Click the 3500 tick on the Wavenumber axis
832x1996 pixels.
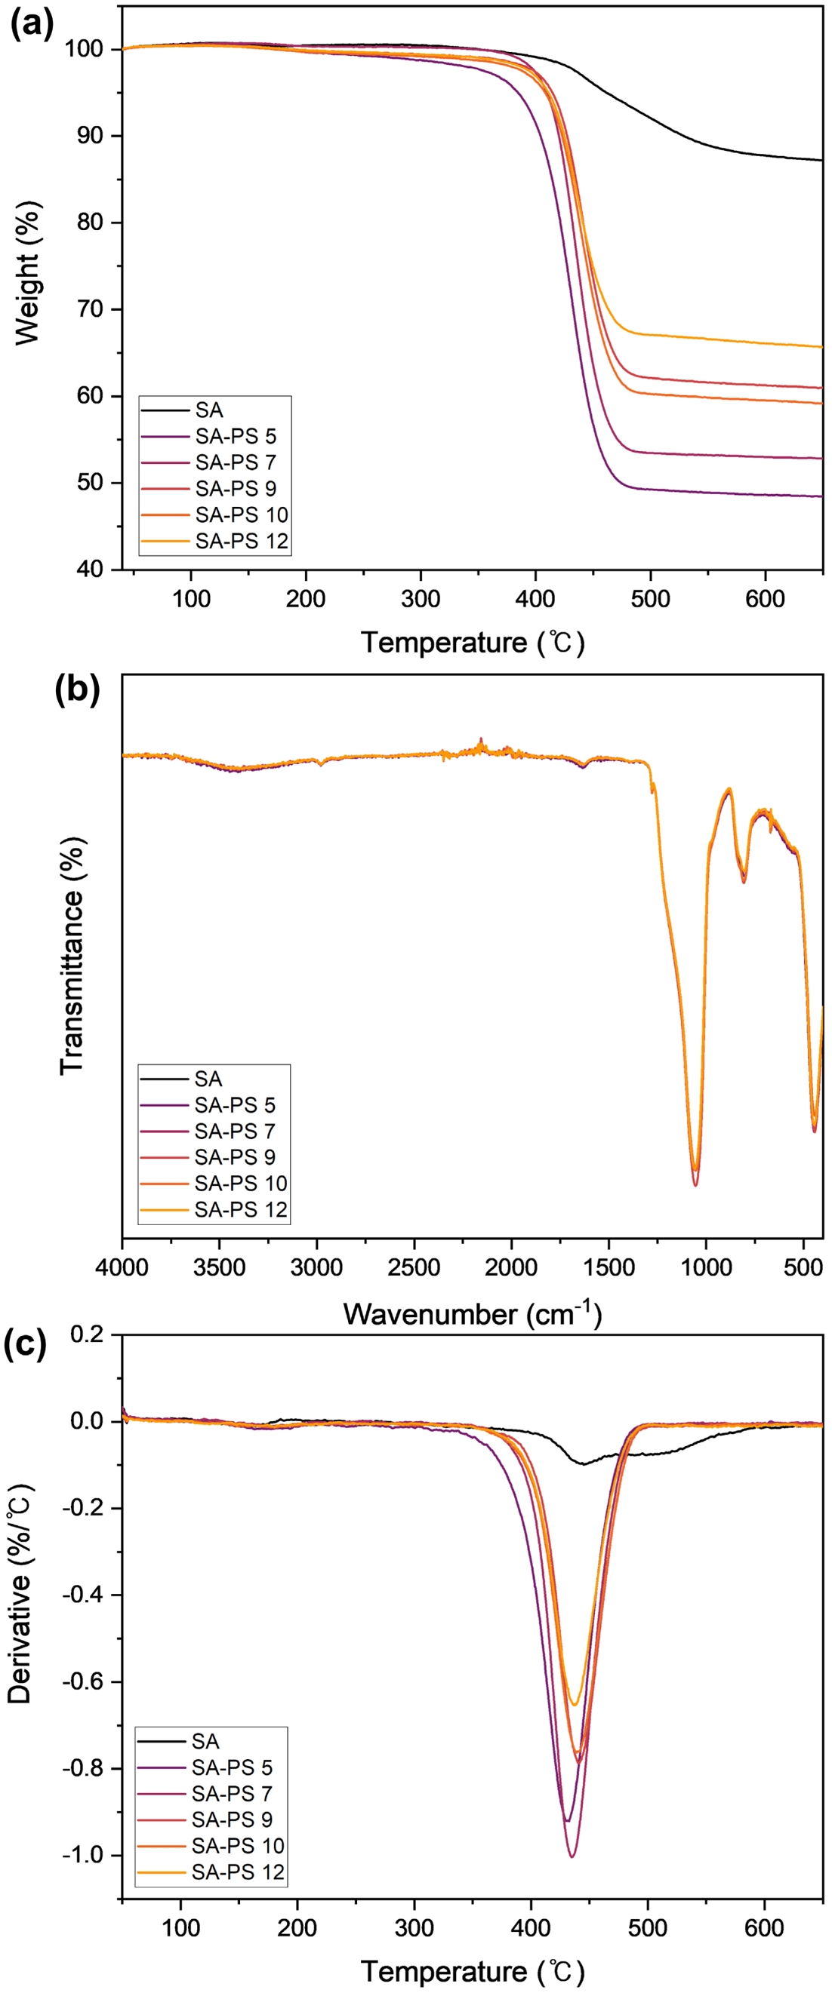pyautogui.click(x=220, y=1267)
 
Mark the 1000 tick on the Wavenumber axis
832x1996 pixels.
pyautogui.click(x=706, y=1267)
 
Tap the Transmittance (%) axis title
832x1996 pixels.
pyautogui.click(x=71, y=957)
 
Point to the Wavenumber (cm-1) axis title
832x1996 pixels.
pyautogui.click(x=472, y=1314)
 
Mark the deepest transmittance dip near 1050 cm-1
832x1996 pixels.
pyautogui.click(x=695, y=1185)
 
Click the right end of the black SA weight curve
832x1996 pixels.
pyautogui.click(x=821, y=161)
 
